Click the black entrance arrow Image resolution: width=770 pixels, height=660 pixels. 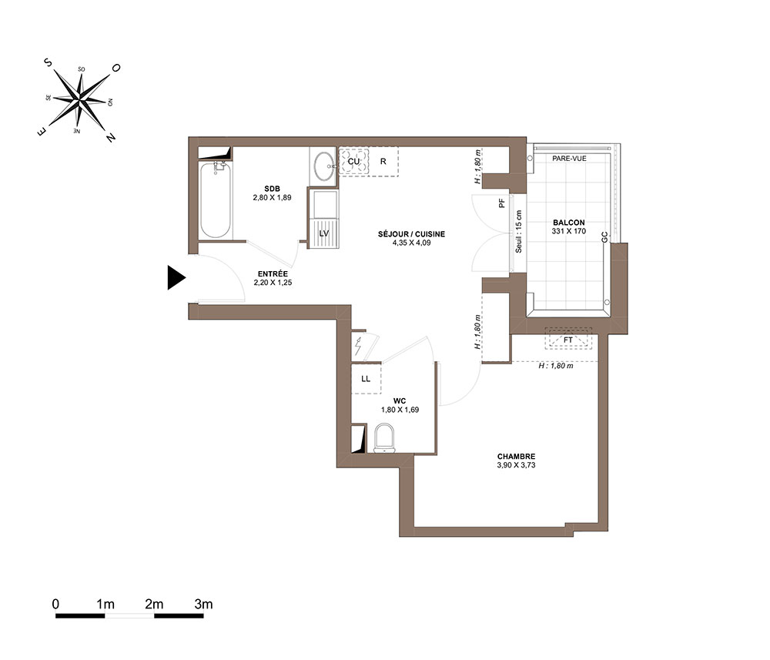click(x=176, y=277)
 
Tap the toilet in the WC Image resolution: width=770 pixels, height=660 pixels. click(x=384, y=438)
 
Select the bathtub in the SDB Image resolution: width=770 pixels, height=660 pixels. click(x=215, y=200)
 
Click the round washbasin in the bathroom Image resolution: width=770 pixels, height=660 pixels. click(x=323, y=166)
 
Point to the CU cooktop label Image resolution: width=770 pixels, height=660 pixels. click(x=353, y=161)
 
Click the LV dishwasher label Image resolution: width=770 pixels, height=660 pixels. click(x=323, y=233)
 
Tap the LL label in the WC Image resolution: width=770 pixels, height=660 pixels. click(x=366, y=379)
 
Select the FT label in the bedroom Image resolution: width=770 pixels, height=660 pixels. click(x=568, y=340)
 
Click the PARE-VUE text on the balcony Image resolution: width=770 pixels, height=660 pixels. click(x=569, y=158)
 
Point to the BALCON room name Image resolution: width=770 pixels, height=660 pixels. click(x=569, y=223)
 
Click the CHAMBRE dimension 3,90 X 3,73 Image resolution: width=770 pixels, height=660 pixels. click(x=516, y=465)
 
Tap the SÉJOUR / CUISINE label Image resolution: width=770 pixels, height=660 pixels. click(x=411, y=234)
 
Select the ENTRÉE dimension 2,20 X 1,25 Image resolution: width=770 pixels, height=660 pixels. click(x=273, y=283)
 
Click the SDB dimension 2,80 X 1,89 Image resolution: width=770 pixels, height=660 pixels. click(x=272, y=197)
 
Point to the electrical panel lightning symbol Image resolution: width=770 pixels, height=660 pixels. click(x=358, y=347)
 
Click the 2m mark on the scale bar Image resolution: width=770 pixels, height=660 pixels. click(x=154, y=604)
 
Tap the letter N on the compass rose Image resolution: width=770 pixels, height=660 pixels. click(x=111, y=137)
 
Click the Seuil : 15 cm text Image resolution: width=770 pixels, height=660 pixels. click(x=518, y=232)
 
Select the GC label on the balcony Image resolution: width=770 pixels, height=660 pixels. click(x=604, y=237)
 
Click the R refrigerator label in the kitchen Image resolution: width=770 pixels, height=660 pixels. click(x=383, y=161)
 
